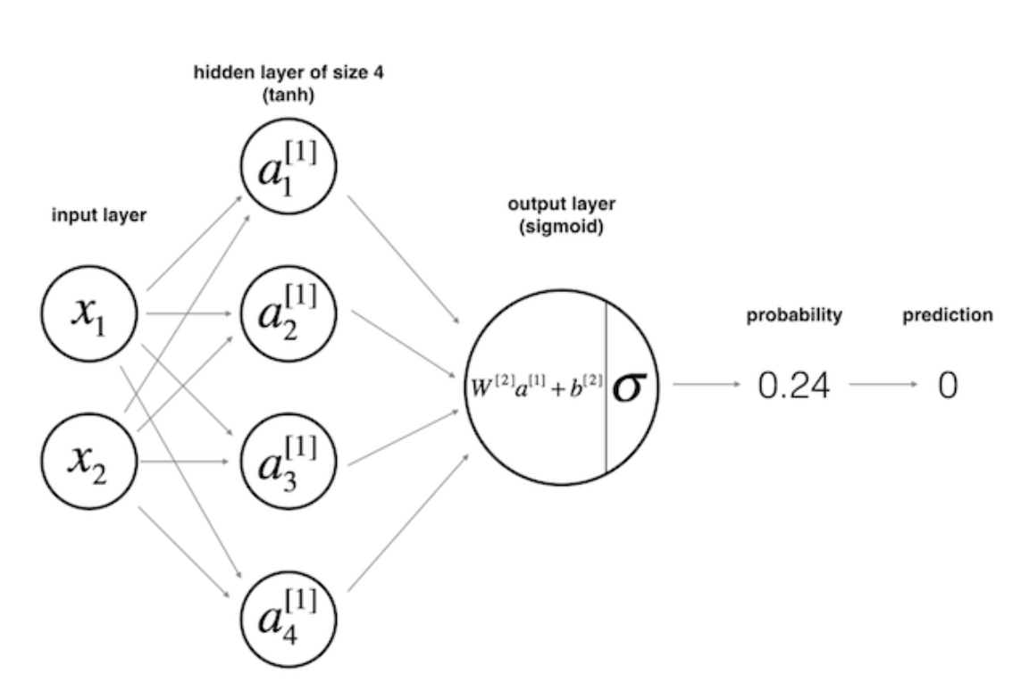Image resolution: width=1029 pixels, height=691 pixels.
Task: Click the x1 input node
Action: pos(90,313)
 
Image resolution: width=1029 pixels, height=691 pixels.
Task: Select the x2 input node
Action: pos(90,461)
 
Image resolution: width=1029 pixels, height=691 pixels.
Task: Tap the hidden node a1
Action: pos(289,167)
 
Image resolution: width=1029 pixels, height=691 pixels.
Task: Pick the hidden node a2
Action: pos(289,313)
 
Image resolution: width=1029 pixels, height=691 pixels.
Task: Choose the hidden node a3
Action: pos(289,462)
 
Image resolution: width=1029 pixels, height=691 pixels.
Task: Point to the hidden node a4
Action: pos(289,618)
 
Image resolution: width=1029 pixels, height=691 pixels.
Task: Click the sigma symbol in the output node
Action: pos(629,387)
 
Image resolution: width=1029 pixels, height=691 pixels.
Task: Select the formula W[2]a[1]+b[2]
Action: pos(536,387)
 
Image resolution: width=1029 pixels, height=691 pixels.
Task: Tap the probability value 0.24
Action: pos(793,386)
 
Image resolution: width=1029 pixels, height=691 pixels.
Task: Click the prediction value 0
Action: pos(948,386)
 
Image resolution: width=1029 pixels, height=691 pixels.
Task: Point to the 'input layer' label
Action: pos(99,216)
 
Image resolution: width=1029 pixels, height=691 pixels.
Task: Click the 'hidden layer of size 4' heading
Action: pos(289,72)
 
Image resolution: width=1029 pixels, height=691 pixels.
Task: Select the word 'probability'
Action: pos(794,315)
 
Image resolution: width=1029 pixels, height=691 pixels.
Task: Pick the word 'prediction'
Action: pos(948,315)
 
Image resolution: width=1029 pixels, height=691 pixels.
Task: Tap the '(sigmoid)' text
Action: pos(561,228)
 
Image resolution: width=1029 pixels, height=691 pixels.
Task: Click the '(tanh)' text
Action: pos(289,96)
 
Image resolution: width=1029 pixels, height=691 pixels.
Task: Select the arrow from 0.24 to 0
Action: pos(883,384)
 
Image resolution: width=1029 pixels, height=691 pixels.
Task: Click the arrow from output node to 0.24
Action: pos(707,384)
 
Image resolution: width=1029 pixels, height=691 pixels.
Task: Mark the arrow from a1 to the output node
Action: pos(404,259)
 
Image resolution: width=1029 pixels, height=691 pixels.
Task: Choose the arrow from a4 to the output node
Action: pos(408,522)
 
